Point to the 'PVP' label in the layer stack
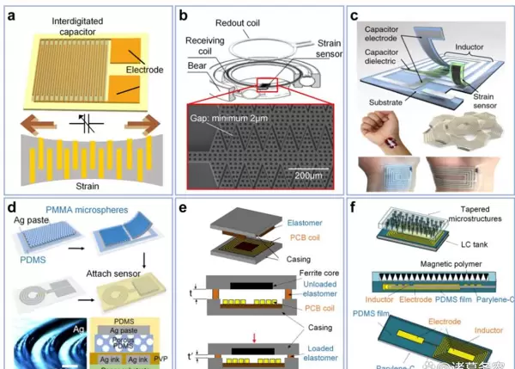coord(154,347)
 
